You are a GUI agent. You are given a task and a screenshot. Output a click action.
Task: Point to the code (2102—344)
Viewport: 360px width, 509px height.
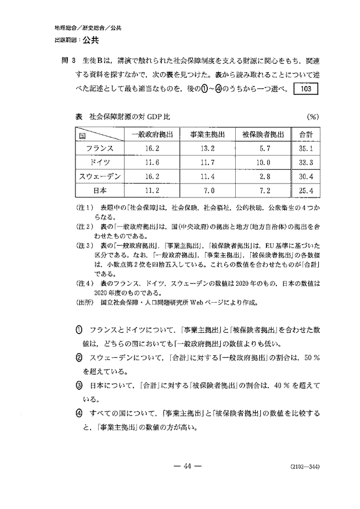pyautogui.click(x=304, y=467)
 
